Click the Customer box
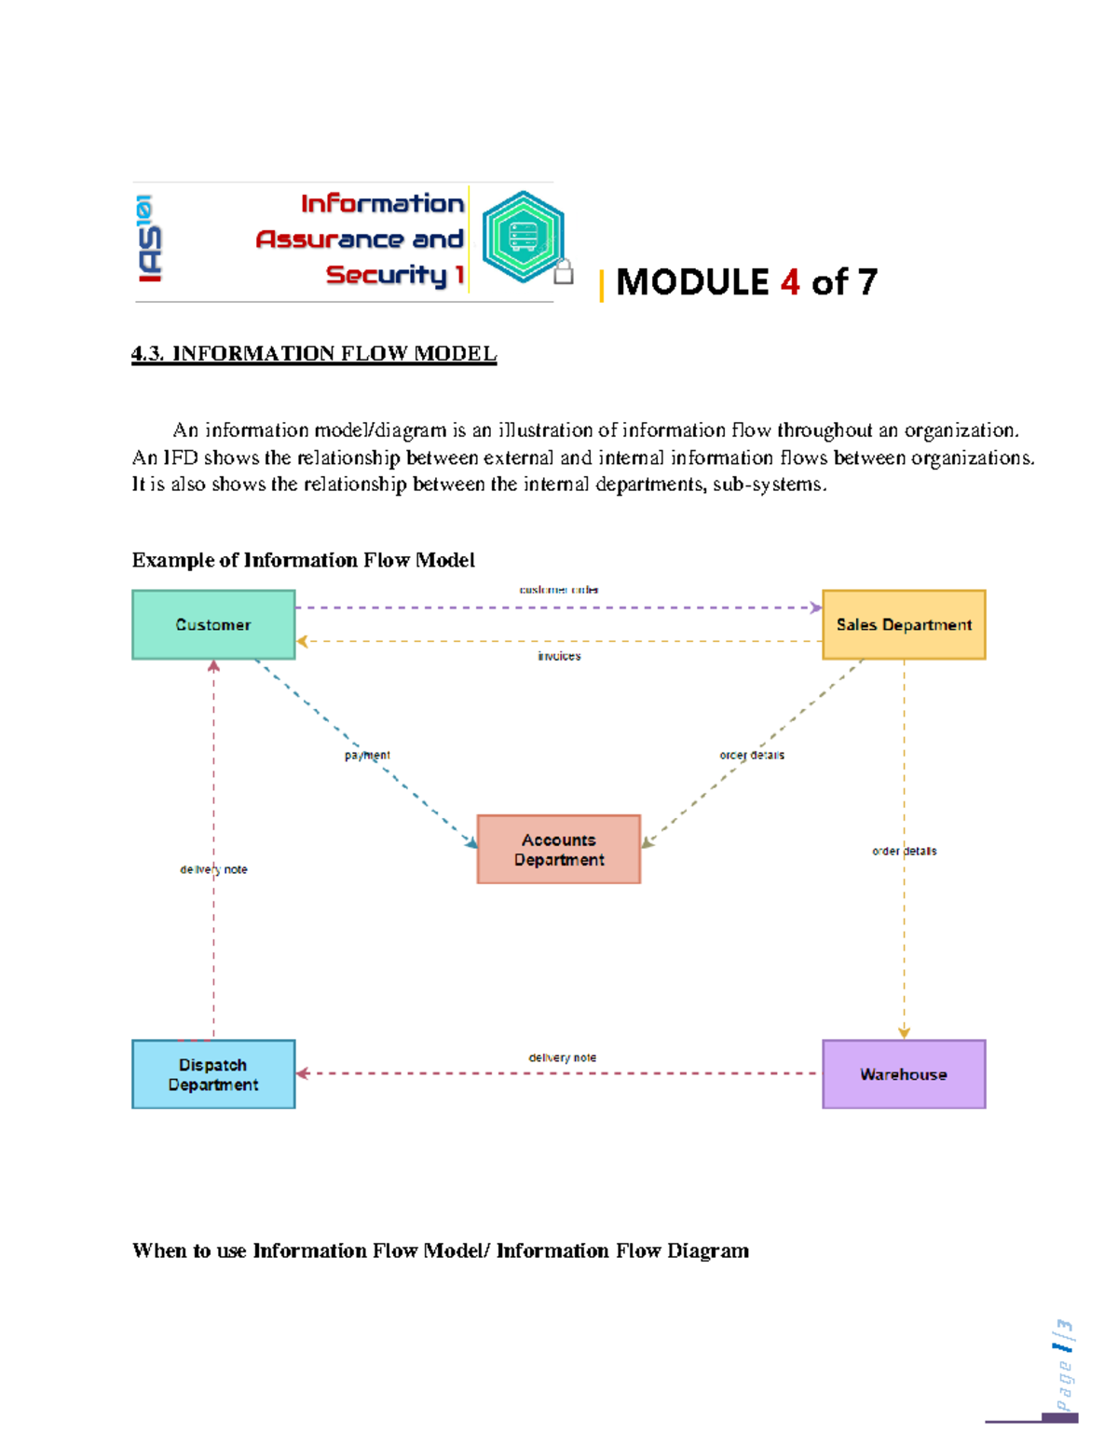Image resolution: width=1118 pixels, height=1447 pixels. point(213,624)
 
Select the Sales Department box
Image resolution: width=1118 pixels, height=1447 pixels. point(903,624)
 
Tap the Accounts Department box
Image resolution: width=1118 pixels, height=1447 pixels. point(558,849)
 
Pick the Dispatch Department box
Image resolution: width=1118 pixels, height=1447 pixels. point(213,1074)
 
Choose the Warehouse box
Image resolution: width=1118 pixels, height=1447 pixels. point(903,1074)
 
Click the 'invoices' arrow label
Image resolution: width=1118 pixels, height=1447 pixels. point(559,656)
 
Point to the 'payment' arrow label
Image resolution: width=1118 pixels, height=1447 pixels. point(367,755)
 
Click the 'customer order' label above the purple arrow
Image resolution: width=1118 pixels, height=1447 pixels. point(559,590)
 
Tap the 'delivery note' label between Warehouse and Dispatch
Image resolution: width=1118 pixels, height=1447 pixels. point(562,1058)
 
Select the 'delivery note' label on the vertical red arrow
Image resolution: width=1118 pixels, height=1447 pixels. point(213,869)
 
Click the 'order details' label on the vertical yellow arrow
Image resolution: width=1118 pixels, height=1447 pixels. point(904,851)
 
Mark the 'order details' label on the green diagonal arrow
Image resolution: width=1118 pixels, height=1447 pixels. point(752,755)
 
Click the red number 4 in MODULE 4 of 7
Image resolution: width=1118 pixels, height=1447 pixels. point(790,281)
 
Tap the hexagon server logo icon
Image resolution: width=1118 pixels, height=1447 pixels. point(523,237)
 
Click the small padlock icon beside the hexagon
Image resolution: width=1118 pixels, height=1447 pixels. point(563,271)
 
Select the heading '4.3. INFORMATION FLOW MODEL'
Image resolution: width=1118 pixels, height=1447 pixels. point(314,353)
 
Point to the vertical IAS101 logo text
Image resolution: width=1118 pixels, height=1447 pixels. point(149,239)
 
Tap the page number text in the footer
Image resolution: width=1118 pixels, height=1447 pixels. point(1063,1364)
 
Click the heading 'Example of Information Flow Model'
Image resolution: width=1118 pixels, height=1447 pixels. point(303,560)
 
